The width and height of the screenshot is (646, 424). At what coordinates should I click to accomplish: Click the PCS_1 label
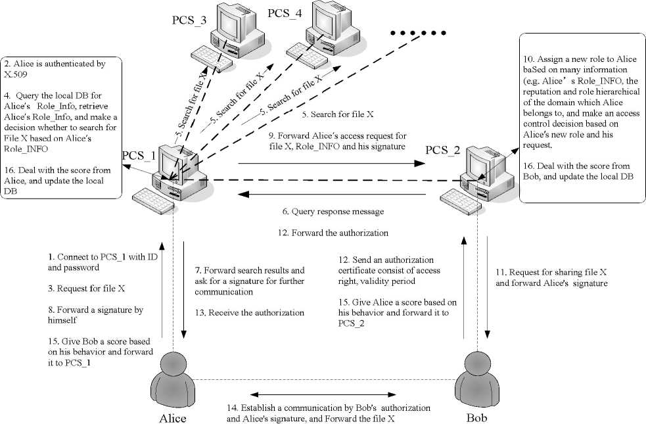pyautogui.click(x=139, y=156)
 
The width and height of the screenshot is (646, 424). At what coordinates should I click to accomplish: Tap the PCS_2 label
pyautogui.click(x=445, y=151)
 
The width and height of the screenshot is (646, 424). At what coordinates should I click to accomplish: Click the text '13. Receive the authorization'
pyautogui.click(x=249, y=313)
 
